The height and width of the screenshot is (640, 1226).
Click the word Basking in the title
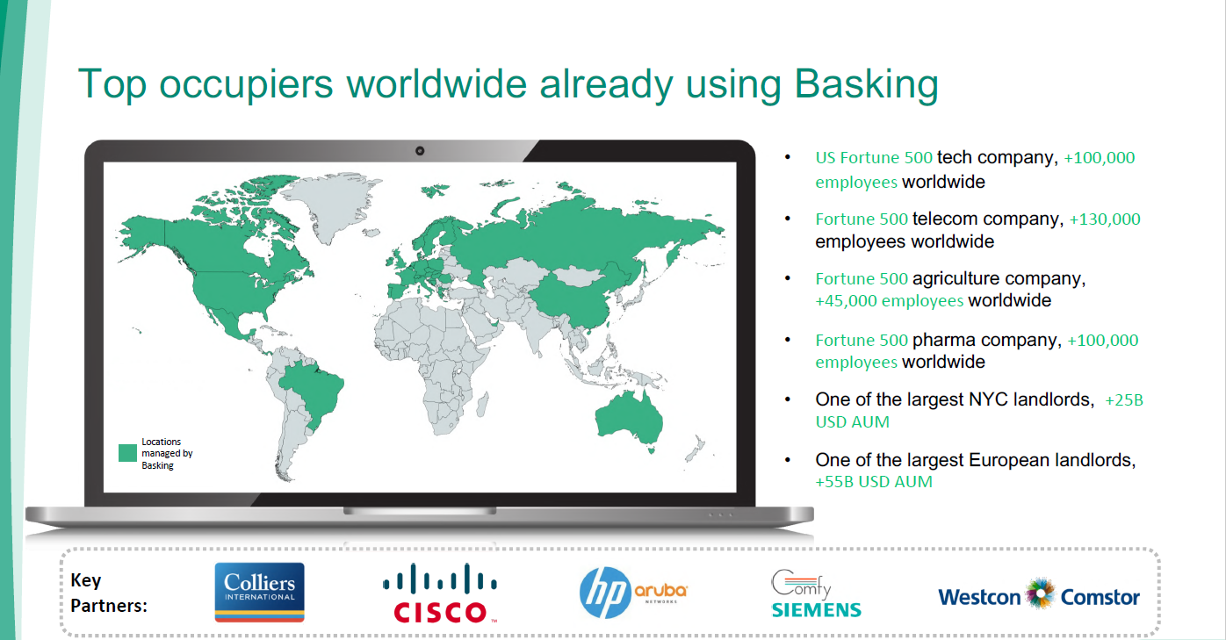[866, 85]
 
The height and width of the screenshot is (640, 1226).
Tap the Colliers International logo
[259, 593]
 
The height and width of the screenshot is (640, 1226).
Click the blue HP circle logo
[605, 593]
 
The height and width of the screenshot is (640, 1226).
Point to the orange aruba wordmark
[660, 591]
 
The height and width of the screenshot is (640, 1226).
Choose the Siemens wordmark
[816, 610]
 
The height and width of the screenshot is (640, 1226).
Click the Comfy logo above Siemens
[801, 584]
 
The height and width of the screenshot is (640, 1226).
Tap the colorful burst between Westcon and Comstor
[1041, 593]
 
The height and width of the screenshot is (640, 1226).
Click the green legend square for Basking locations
[127, 453]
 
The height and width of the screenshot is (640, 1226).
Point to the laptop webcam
[420, 151]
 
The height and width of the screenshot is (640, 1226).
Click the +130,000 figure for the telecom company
[1105, 219]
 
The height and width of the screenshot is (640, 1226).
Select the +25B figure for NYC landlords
[1124, 400]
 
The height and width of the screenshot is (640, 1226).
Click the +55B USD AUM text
[874, 482]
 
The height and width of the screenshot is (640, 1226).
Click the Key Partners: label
[109, 593]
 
